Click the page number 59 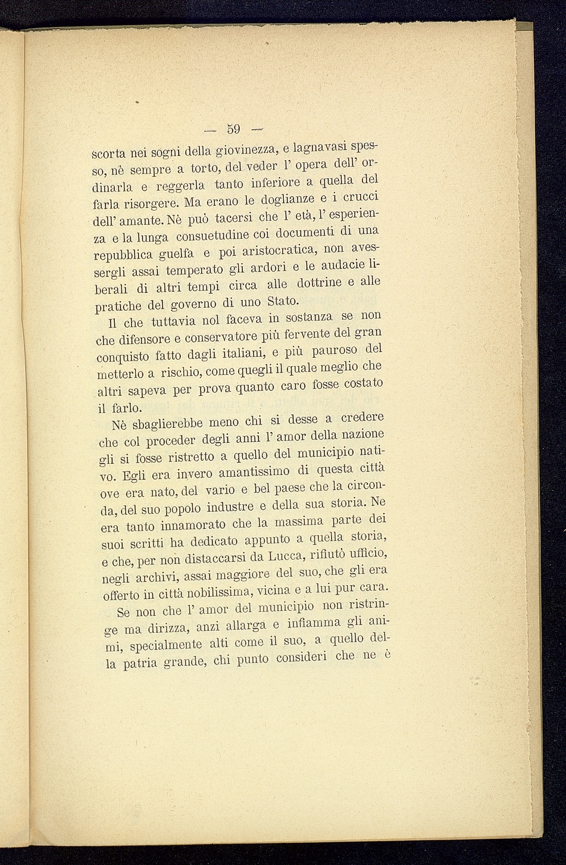click(233, 129)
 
